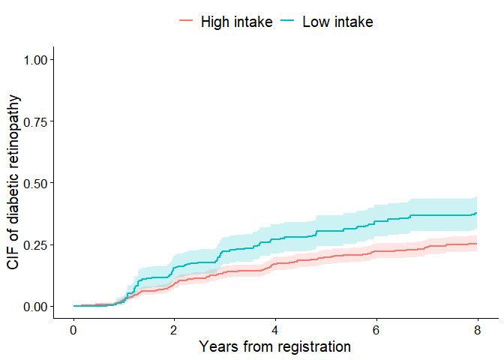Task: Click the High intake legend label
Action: [236, 22]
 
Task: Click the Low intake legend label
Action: [337, 22]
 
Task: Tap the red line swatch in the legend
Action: [186, 22]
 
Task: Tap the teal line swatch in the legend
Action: [287, 22]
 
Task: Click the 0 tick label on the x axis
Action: [73, 331]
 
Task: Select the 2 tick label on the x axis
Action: [174, 331]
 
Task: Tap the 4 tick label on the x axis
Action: [275, 331]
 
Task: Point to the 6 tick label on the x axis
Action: [376, 331]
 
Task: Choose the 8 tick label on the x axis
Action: [477, 331]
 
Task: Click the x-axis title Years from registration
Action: [274, 347]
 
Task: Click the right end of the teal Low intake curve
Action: [476, 214]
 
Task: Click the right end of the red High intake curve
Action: [476, 244]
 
